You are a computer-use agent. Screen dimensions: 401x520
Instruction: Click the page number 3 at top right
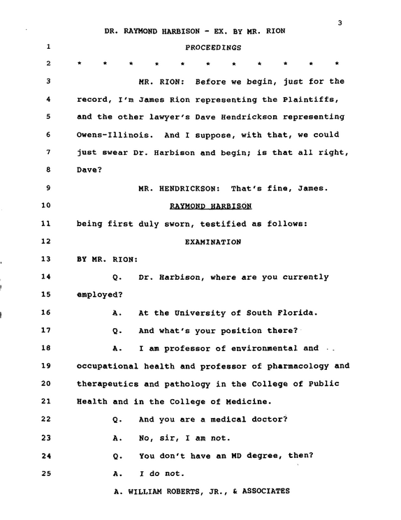pyautogui.click(x=340, y=23)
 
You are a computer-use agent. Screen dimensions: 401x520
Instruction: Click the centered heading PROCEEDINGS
pyautogui.click(x=213, y=47)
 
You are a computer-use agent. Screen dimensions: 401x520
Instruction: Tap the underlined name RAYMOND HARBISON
pyautogui.click(x=211, y=206)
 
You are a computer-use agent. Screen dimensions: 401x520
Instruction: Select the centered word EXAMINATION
pyautogui.click(x=213, y=242)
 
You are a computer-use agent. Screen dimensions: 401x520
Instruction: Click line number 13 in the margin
pyautogui.click(x=46, y=259)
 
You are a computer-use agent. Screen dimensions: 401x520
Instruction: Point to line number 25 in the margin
pyautogui.click(x=46, y=473)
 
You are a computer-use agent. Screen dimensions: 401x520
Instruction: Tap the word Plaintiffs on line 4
pyautogui.click(x=311, y=100)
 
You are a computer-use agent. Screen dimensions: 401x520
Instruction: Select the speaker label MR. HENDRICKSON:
pyautogui.click(x=180, y=188)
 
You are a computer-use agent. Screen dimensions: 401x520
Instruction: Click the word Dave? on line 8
pyautogui.click(x=89, y=170)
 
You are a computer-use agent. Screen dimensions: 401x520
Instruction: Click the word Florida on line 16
pyautogui.click(x=298, y=313)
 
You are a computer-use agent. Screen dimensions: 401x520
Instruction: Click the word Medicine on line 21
pyautogui.click(x=249, y=401)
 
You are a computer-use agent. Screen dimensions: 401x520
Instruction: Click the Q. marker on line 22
pyautogui.click(x=117, y=420)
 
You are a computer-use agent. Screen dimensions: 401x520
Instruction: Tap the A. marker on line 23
pyautogui.click(x=117, y=438)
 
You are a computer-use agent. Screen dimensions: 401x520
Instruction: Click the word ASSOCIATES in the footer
pyautogui.click(x=266, y=491)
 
